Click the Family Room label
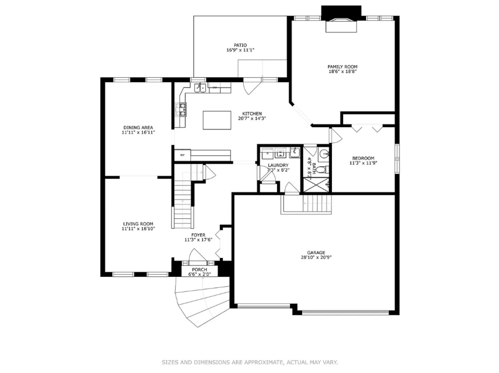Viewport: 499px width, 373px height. tap(342, 67)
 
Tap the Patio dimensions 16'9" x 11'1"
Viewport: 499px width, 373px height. tap(240, 50)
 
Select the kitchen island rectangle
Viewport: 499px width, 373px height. tap(217, 120)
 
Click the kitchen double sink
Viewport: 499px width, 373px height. tap(200, 88)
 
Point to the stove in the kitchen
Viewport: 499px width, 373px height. tap(181, 109)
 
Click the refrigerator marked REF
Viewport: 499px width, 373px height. tap(182, 155)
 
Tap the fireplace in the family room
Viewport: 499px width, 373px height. tap(341, 25)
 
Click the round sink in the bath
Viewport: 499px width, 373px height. tap(324, 154)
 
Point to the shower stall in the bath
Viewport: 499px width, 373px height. tap(316, 184)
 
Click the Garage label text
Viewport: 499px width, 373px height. tap(316, 252)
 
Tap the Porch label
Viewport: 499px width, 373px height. tap(199, 269)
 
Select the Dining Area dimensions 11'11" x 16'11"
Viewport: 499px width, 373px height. tap(138, 132)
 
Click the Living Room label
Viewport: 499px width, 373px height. tap(138, 224)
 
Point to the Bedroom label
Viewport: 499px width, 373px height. tap(363, 158)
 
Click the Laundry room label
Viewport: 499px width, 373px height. tap(278, 165)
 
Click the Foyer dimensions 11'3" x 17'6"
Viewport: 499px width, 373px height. tap(198, 240)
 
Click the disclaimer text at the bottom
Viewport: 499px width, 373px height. tap(249, 362)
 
